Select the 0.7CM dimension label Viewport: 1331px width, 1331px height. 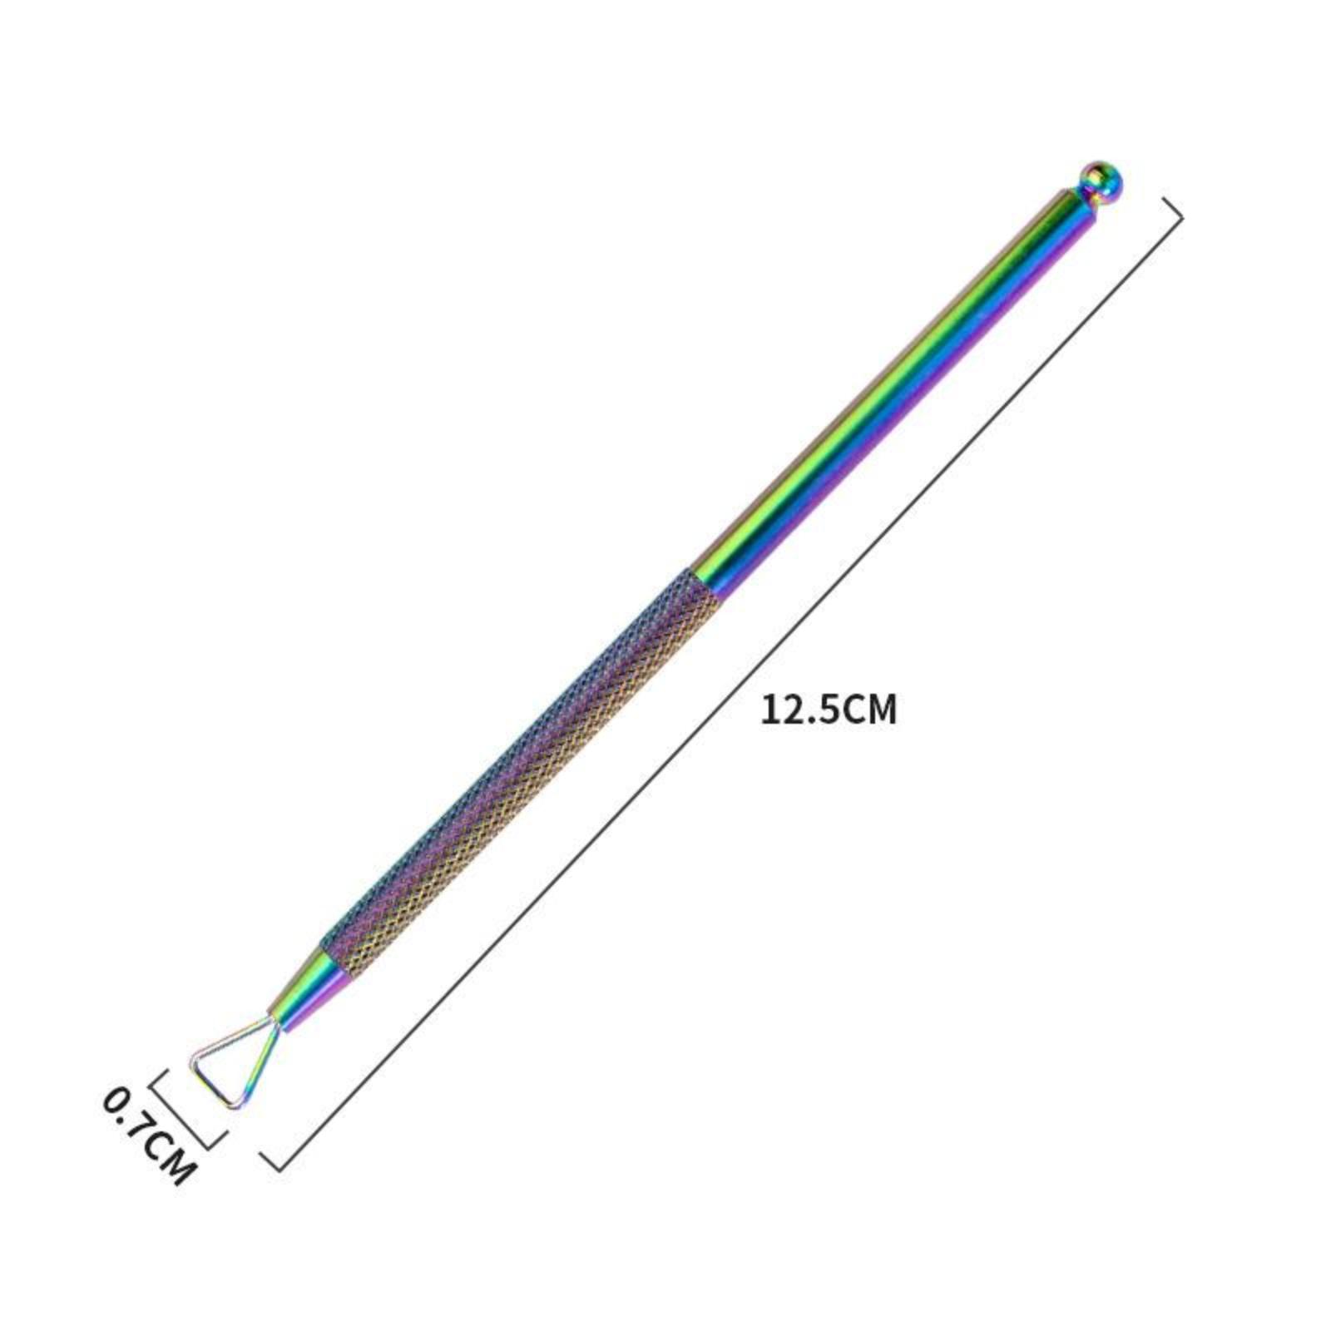click(x=150, y=1136)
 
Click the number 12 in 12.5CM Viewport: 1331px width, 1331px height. click(x=779, y=711)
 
